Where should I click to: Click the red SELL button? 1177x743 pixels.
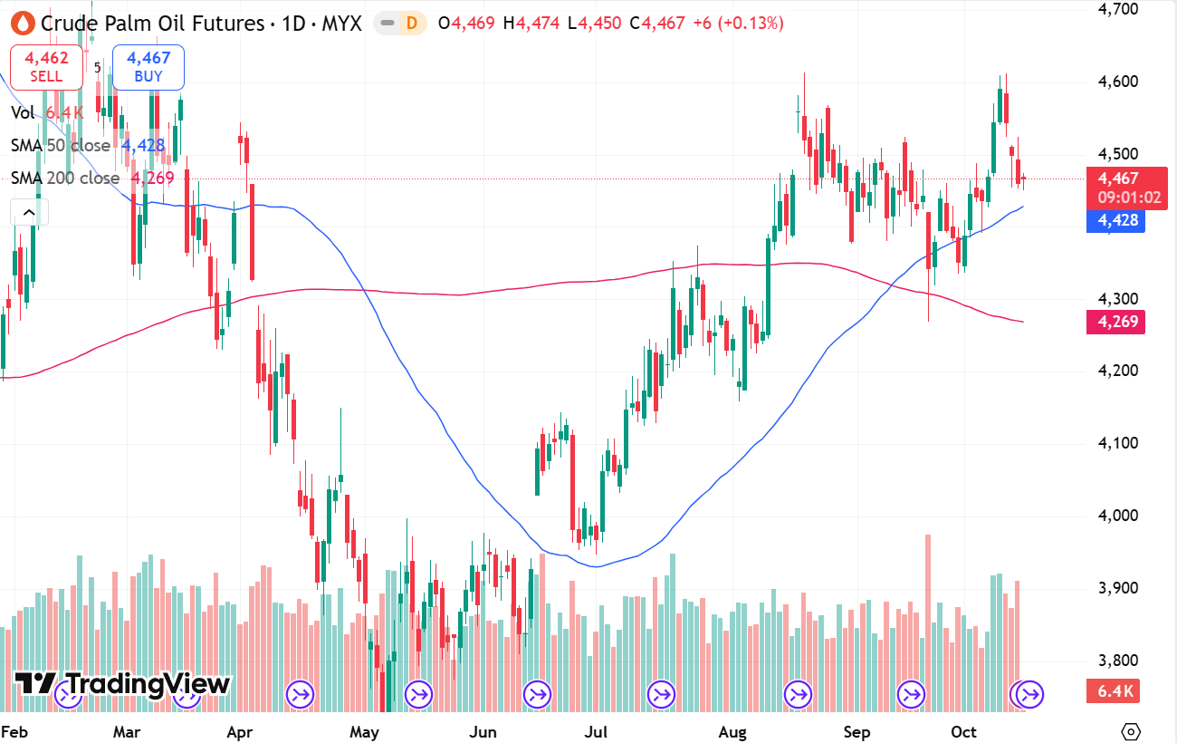(x=46, y=67)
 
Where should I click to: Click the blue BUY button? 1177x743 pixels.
(x=148, y=67)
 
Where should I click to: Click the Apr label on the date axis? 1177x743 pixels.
(x=238, y=731)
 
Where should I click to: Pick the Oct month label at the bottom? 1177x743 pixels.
(x=963, y=731)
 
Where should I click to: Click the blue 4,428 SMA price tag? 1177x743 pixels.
(x=1116, y=220)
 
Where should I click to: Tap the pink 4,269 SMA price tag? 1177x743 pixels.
(x=1116, y=322)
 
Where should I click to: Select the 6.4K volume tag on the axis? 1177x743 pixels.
(x=1115, y=692)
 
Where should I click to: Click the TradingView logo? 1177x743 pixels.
(x=123, y=684)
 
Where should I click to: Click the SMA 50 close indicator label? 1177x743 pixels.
(x=60, y=146)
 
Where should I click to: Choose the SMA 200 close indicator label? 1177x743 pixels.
(x=64, y=179)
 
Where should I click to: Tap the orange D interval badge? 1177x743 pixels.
(x=411, y=24)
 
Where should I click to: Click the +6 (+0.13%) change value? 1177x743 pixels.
(x=737, y=24)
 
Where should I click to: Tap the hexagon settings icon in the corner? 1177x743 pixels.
(x=1129, y=731)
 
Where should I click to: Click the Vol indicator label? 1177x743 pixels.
(x=24, y=112)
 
